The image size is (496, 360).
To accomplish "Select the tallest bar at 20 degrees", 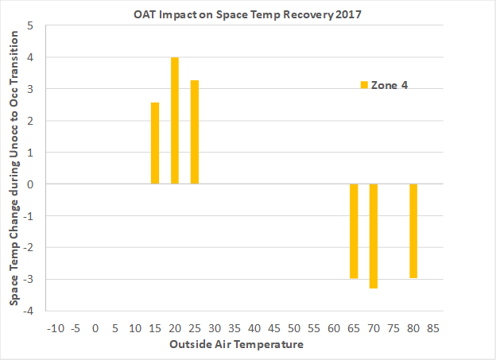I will coord(175,121).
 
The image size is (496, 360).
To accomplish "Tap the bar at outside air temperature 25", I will coord(195,132).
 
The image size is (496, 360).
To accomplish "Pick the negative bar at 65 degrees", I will coord(354,230).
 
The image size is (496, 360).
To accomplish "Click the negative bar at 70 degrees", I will coord(374,236).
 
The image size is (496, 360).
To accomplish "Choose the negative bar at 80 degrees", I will coord(413,230).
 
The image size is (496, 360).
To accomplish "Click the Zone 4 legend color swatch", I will coord(364,85).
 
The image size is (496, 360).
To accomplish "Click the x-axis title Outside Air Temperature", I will coord(235,344).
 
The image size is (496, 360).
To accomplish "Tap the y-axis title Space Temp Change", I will coord(15,168).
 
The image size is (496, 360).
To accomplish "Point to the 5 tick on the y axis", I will coord(31,26).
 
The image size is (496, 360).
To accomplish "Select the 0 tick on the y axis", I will coord(31,184).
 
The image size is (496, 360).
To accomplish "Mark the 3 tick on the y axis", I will coord(31,89).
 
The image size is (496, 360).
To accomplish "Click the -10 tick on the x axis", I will coord(55,327).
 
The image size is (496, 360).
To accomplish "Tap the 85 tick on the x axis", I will coord(433,327).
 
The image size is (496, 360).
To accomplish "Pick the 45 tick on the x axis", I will coord(274,327).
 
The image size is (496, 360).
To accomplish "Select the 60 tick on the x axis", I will coord(334,327).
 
